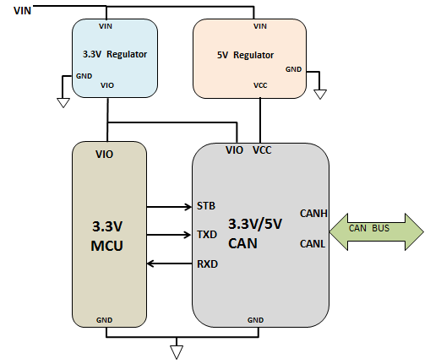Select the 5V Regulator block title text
tap(246, 55)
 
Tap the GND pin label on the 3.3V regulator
tap(84, 75)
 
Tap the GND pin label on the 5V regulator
tap(293, 68)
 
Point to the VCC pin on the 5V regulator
tap(260, 85)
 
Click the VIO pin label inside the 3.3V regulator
tap(107, 85)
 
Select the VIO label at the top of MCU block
tap(105, 155)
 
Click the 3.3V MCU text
tap(108, 237)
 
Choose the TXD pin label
tap(206, 235)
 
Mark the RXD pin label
tap(206, 264)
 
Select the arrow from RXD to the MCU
tap(169, 264)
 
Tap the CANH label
tap(313, 213)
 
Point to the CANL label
tap(313, 244)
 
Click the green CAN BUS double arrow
tap(377, 231)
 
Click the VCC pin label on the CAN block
tap(262, 150)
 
